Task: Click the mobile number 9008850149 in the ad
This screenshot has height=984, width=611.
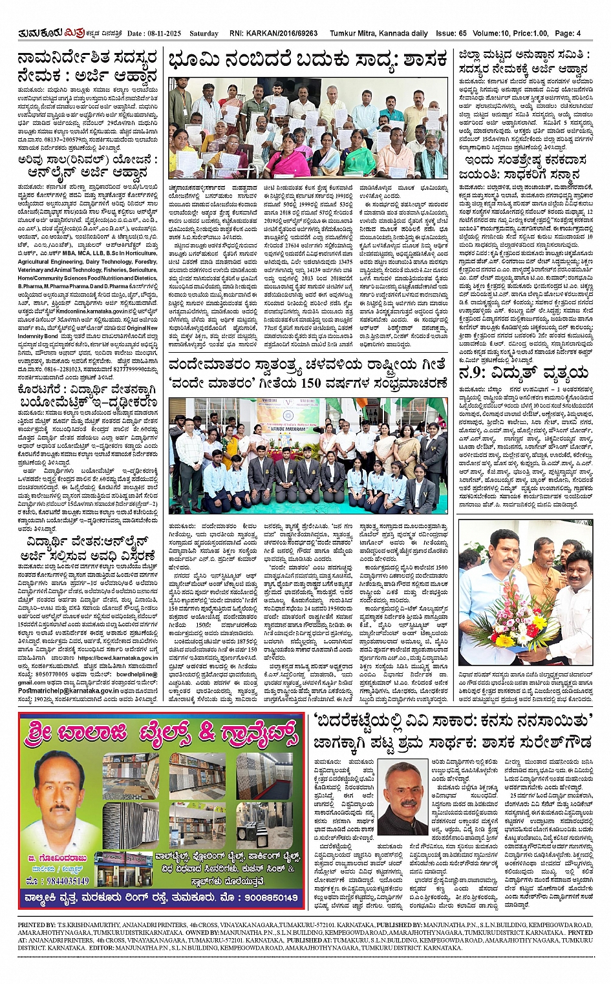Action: point(265,897)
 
